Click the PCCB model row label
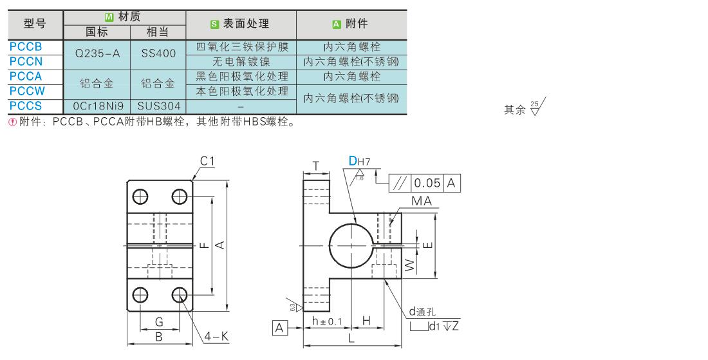pyautogui.click(x=26, y=46)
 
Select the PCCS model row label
pyautogui.click(x=26, y=106)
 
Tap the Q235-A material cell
pyautogui.click(x=98, y=53)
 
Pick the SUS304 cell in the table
pyautogui.click(x=159, y=106)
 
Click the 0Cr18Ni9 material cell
pyautogui.click(x=98, y=106)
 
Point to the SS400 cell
pyautogui.click(x=158, y=53)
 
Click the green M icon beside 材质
pyautogui.click(x=109, y=17)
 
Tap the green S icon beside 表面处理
pyautogui.click(x=214, y=24)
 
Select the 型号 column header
pyautogui.click(x=35, y=24)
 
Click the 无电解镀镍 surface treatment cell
pyautogui.click(x=241, y=61)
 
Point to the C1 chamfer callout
pyautogui.click(x=207, y=161)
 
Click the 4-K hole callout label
pyautogui.click(x=216, y=337)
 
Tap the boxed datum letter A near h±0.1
pyautogui.click(x=279, y=328)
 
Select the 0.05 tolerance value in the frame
pyautogui.click(x=427, y=183)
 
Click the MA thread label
pyautogui.click(x=422, y=202)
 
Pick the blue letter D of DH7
pyautogui.click(x=353, y=161)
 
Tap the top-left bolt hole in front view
pyautogui.click(x=140, y=196)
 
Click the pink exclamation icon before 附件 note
pyautogui.click(x=13, y=122)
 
